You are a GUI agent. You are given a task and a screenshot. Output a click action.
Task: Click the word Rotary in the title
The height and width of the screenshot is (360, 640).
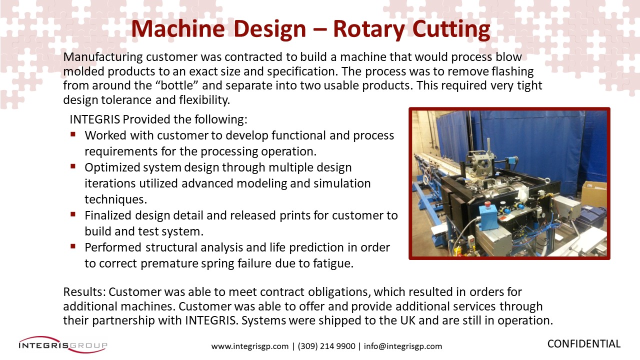click(x=369, y=29)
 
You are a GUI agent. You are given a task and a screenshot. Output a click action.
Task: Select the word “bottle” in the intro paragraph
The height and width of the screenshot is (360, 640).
click(x=177, y=85)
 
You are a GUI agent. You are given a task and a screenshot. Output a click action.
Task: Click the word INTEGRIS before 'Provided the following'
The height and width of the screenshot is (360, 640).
click(x=95, y=119)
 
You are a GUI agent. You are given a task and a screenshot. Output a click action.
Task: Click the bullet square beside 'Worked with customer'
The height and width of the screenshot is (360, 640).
click(x=73, y=134)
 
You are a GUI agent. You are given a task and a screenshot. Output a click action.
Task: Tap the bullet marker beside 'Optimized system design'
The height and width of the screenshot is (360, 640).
click(x=73, y=166)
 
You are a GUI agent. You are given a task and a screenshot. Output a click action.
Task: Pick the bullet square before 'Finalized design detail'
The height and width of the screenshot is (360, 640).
click(x=73, y=214)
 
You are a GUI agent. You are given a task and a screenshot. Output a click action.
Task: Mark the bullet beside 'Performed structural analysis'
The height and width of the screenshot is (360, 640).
click(x=73, y=246)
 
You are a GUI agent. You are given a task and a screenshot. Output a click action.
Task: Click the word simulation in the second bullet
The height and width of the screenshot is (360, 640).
click(x=342, y=183)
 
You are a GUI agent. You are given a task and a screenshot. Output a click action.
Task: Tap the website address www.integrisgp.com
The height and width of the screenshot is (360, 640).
click(x=250, y=346)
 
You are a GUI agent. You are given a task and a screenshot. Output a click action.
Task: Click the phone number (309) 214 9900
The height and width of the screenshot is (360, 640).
click(x=326, y=346)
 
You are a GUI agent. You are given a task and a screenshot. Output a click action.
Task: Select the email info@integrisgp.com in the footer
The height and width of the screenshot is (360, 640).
click(x=403, y=346)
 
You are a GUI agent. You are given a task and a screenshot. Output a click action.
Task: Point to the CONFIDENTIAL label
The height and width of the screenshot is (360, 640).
click(x=584, y=343)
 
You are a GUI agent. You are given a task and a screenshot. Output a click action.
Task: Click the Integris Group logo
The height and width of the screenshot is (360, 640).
click(x=63, y=345)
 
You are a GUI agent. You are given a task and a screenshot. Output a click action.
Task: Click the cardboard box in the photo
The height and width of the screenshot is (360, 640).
click(x=593, y=195)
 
